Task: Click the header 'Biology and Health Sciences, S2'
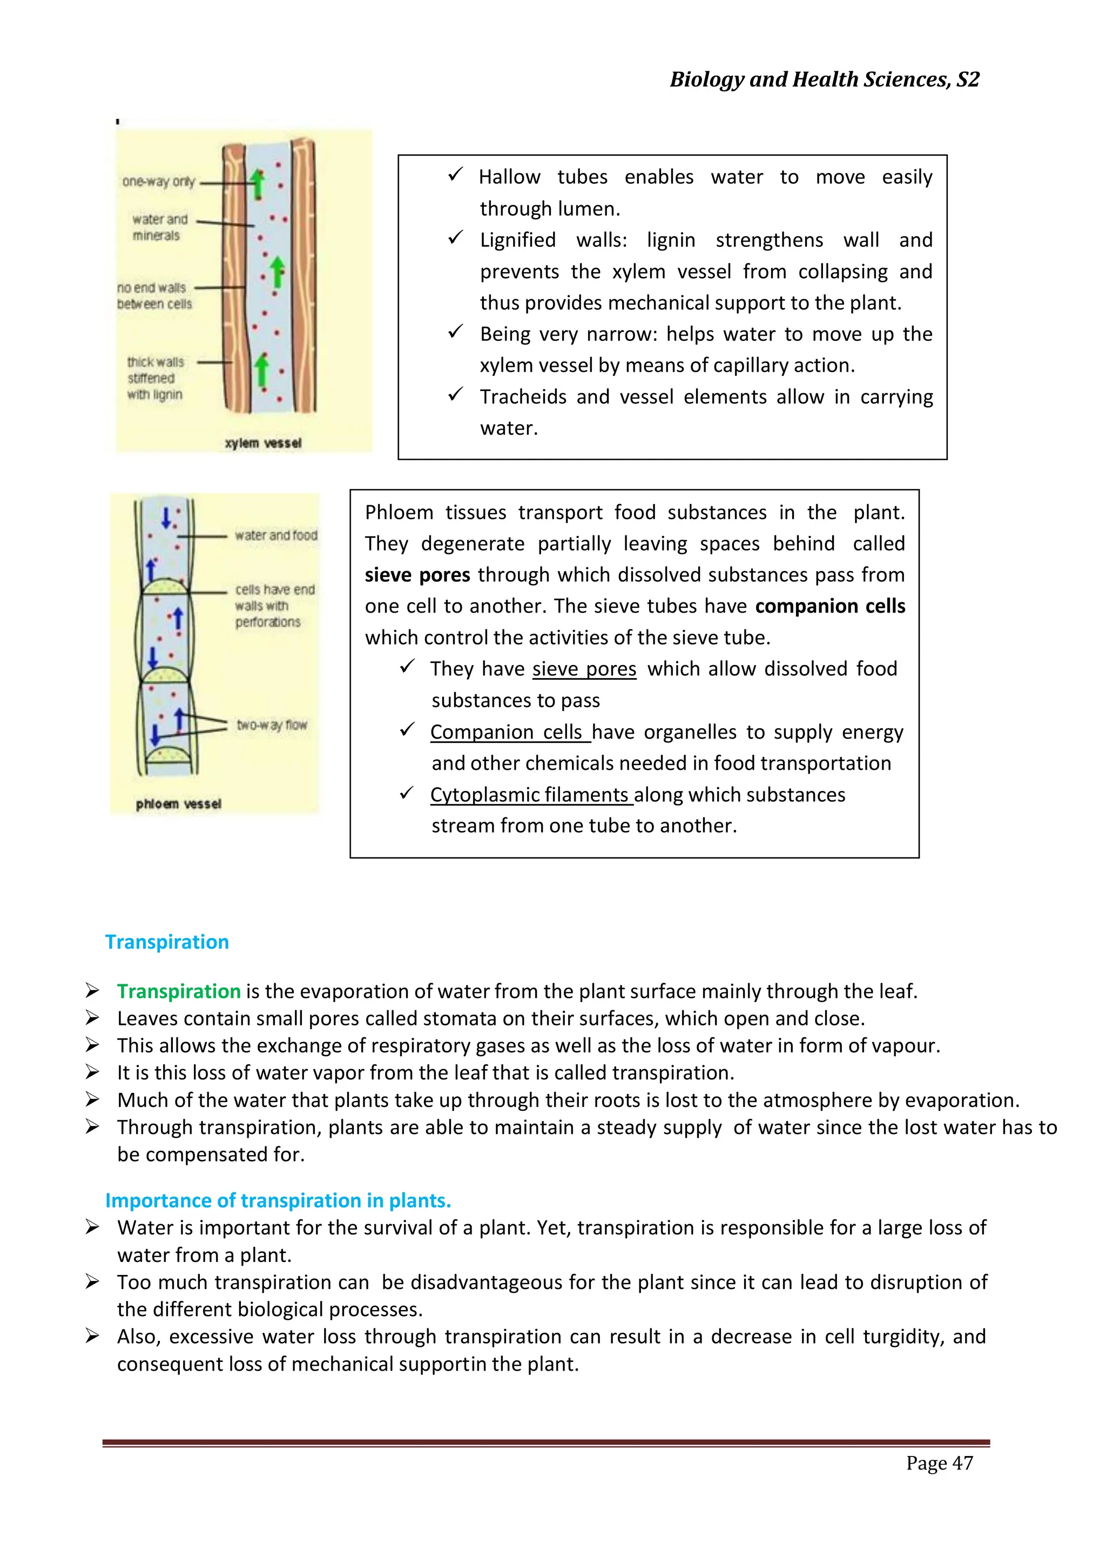(x=824, y=80)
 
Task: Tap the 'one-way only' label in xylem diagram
(x=159, y=181)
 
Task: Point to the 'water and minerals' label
(x=159, y=227)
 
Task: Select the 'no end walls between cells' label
(x=154, y=296)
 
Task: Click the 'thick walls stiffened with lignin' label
(x=156, y=378)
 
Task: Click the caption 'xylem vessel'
(x=263, y=444)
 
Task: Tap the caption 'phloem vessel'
(x=178, y=804)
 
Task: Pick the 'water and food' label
(x=276, y=535)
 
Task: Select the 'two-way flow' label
(x=272, y=725)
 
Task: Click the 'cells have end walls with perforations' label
(x=274, y=606)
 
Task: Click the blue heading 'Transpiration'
(x=167, y=942)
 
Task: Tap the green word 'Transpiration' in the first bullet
(x=178, y=991)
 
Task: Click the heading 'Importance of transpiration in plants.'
(x=278, y=1200)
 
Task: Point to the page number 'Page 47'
(x=939, y=1463)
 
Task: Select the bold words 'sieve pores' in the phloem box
(x=417, y=575)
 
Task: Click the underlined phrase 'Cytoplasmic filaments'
(x=529, y=795)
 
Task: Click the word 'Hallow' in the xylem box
(x=509, y=177)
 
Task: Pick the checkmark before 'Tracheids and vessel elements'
(x=455, y=394)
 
